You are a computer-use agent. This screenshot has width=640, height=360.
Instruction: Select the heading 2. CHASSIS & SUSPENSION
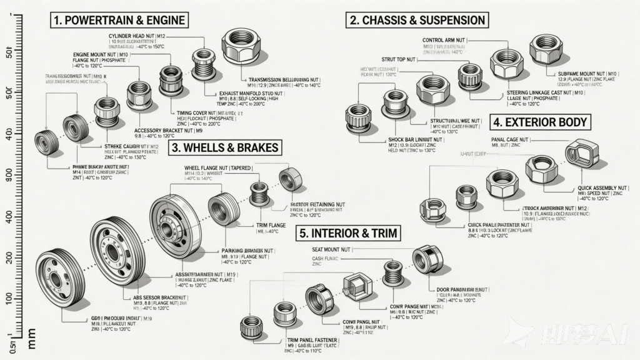point(417,19)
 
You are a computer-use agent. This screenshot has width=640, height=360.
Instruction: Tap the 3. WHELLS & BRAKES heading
point(226,148)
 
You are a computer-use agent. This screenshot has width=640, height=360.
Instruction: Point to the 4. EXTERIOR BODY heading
point(539,122)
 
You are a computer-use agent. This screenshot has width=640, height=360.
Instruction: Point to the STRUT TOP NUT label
point(398,59)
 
